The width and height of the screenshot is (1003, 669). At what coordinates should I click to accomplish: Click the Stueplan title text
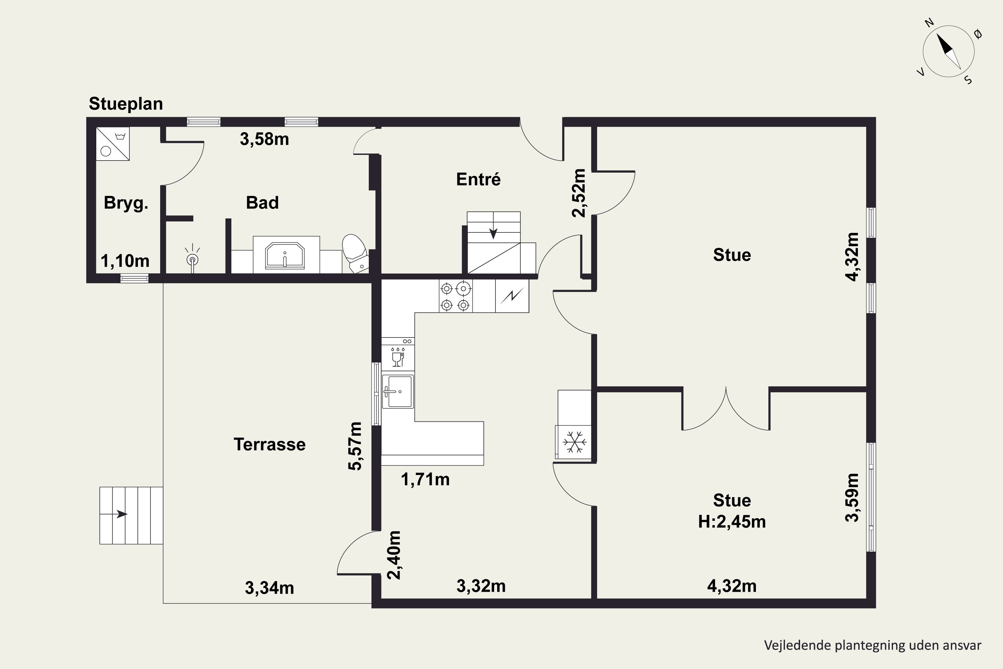point(126,104)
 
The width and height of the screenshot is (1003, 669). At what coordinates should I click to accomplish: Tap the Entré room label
point(478,179)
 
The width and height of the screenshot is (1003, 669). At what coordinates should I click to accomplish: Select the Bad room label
point(262,203)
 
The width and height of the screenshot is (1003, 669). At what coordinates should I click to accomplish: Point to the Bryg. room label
point(126,203)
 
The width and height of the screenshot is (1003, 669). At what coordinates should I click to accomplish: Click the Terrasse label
point(269,445)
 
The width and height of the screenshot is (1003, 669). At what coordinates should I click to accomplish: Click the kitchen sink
point(398,391)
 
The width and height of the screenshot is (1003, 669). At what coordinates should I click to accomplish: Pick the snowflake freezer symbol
point(574,442)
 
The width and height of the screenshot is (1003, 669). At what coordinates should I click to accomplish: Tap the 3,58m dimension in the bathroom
point(264,139)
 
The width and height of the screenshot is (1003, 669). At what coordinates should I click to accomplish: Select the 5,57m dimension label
point(355,446)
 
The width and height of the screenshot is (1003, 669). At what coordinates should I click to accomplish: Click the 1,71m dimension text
point(425,480)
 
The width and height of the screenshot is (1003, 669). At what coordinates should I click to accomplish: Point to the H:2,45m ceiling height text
point(732,522)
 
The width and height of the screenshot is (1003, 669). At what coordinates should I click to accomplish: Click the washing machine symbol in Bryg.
point(113,144)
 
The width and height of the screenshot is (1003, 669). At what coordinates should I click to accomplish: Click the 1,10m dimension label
point(125,261)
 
